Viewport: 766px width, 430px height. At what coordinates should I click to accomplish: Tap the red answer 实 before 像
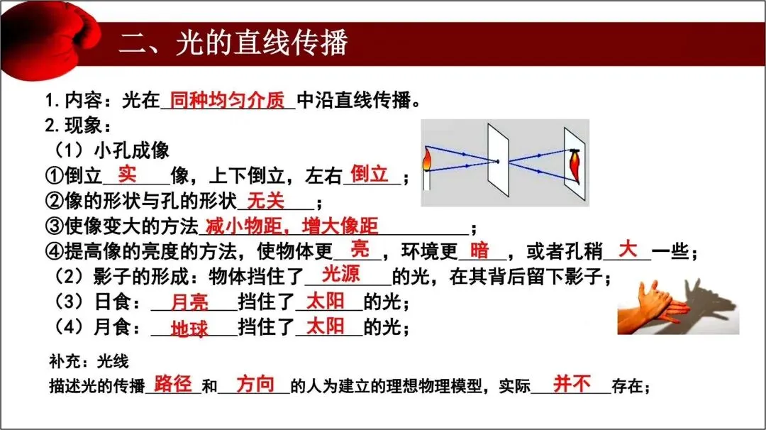pos(127,172)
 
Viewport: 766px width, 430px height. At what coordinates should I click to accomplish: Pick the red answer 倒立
pos(370,173)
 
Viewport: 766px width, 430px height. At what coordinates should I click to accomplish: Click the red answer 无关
pos(266,201)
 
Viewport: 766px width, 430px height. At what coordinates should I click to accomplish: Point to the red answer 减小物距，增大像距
pos(292,226)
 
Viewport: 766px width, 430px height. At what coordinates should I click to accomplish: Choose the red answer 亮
pos(361,250)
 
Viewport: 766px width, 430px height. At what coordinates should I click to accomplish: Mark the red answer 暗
pos(479,250)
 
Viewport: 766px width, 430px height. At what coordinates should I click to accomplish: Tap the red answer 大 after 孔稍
pos(628,249)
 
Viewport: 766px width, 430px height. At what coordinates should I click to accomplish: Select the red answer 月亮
pos(190,303)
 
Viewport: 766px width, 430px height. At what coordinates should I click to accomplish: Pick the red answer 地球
pos(190,329)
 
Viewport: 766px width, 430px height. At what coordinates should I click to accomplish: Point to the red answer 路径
pos(173,384)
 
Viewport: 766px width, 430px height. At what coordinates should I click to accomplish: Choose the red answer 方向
pos(255,384)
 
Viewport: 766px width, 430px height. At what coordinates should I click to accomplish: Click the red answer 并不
pos(572,384)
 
